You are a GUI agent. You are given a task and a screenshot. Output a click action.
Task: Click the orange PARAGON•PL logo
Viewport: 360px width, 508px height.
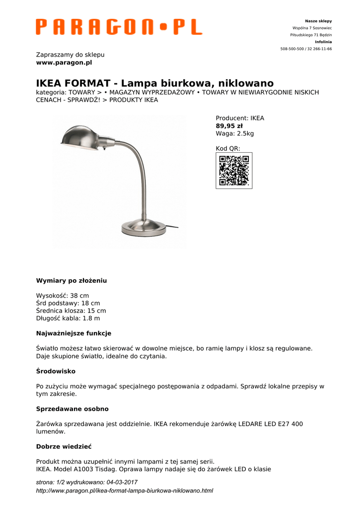tap(119, 27)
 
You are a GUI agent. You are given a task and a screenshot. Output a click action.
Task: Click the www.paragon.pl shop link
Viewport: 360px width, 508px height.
tap(64, 63)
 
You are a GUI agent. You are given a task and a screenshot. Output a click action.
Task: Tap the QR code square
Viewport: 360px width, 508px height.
tap(234, 171)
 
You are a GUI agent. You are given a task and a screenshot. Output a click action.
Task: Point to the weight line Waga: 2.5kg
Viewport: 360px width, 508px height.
tap(234, 133)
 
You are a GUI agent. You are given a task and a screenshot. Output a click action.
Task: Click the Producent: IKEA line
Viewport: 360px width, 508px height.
tap(240, 118)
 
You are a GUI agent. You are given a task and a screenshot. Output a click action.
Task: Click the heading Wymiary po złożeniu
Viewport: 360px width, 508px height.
tap(72, 280)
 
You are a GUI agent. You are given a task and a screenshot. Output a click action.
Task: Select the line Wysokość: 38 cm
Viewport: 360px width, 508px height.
tap(63, 296)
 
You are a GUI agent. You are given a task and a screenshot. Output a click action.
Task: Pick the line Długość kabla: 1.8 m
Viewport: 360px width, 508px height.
tap(68, 318)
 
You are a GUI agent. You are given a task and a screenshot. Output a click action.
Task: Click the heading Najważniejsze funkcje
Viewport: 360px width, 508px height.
tap(73, 333)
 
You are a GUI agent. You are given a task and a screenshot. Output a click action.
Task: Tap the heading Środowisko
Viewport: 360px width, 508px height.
tap(56, 371)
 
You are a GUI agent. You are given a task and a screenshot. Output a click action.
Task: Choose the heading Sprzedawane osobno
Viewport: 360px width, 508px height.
tap(72, 409)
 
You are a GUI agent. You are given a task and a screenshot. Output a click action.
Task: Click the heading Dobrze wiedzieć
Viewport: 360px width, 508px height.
tap(64, 446)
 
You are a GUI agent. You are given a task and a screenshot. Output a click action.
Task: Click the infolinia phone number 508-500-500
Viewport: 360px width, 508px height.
tap(293, 49)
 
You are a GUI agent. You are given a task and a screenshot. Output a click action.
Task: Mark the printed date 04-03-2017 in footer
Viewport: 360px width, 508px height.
tap(122, 482)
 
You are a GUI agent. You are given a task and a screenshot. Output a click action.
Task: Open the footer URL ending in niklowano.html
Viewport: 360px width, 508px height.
tap(125, 491)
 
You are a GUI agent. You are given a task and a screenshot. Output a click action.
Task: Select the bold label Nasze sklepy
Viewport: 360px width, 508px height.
tap(318, 21)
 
